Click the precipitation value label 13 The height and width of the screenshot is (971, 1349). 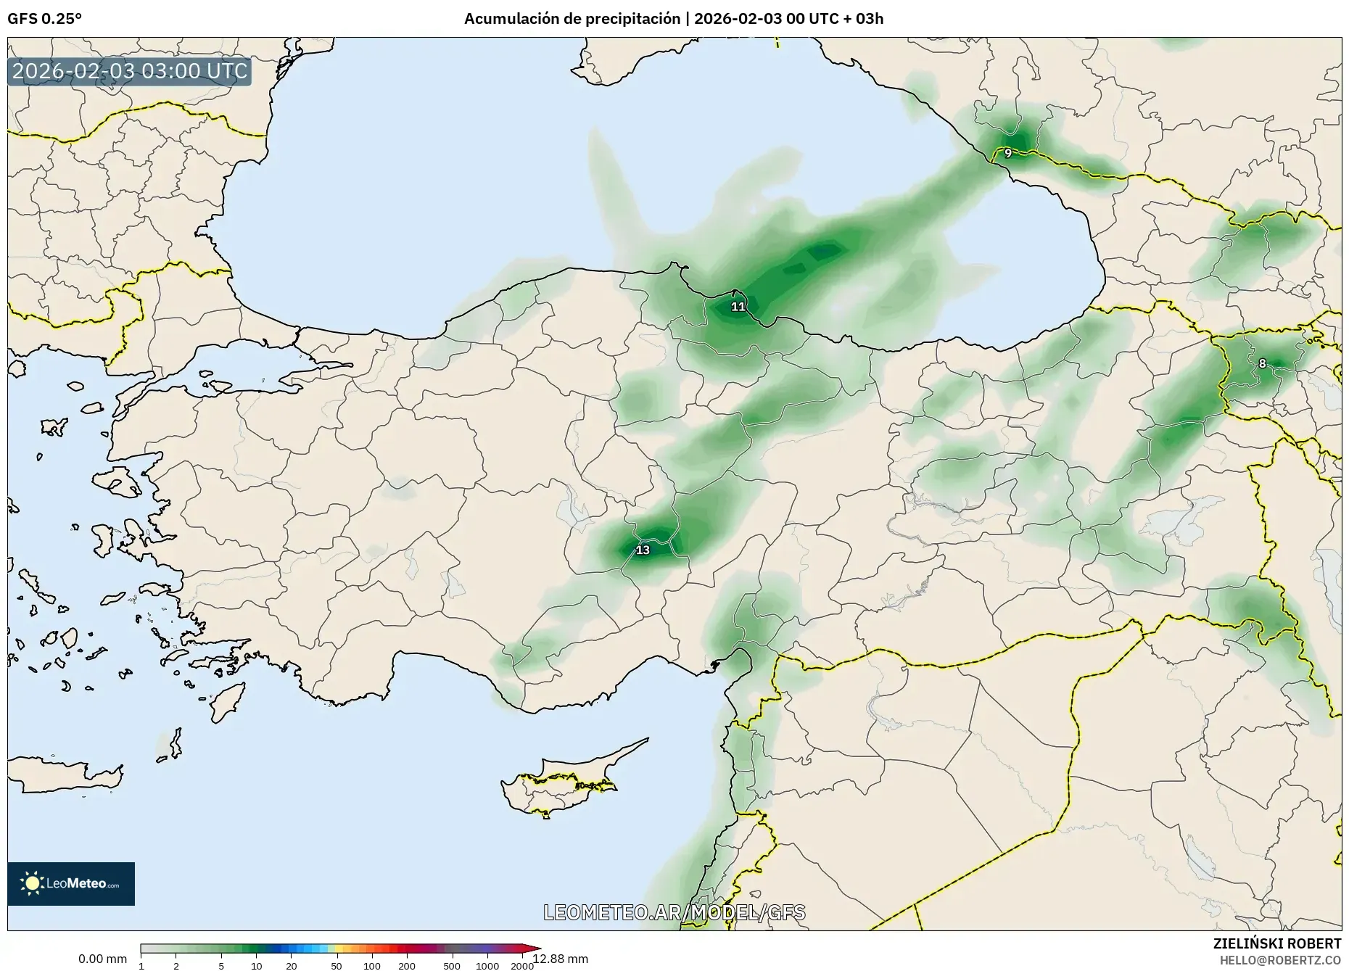[643, 550]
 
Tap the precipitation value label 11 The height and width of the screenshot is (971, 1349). [738, 307]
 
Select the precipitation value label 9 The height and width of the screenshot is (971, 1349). [1008, 153]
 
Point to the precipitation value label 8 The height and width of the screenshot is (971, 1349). [1262, 363]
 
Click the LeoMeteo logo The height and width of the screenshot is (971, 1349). [71, 883]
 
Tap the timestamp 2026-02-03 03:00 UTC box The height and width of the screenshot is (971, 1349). [130, 71]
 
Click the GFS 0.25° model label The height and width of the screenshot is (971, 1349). [45, 19]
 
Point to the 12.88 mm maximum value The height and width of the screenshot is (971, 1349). [561, 959]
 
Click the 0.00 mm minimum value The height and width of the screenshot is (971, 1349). [102, 959]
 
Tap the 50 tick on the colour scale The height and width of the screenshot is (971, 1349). [337, 966]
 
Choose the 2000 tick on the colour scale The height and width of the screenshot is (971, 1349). [522, 966]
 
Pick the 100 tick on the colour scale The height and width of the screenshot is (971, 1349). [372, 966]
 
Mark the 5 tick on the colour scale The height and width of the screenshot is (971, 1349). [221, 966]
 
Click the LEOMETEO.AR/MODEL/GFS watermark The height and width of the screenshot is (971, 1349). [674, 912]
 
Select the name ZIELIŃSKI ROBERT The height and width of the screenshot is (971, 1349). [1277, 943]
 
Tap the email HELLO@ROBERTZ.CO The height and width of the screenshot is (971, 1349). [1280, 960]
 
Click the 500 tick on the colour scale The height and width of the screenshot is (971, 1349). [452, 966]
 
